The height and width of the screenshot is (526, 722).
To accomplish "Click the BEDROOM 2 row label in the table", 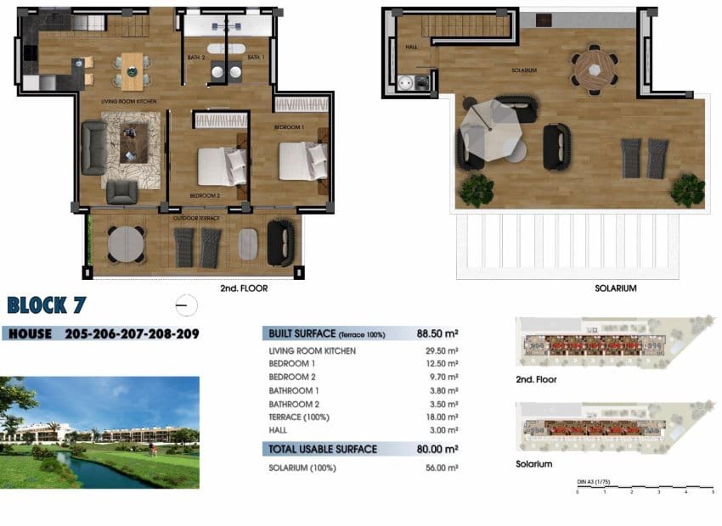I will tap(292, 377).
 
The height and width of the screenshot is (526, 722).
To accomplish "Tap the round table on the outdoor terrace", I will tap(126, 243).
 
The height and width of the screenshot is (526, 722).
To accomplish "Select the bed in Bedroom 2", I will tap(222, 165).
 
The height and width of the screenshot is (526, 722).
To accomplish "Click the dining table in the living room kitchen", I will tap(133, 70).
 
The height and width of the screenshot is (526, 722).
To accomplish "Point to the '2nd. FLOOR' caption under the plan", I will tap(243, 288).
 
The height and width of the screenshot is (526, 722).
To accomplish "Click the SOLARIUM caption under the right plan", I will tap(616, 288).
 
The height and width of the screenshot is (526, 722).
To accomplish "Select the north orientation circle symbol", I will tap(185, 305).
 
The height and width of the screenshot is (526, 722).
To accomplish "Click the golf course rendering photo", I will tap(99, 433).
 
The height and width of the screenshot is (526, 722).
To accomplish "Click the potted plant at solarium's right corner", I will tap(687, 190).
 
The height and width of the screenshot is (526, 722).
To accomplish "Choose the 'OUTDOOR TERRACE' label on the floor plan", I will tap(197, 218).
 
